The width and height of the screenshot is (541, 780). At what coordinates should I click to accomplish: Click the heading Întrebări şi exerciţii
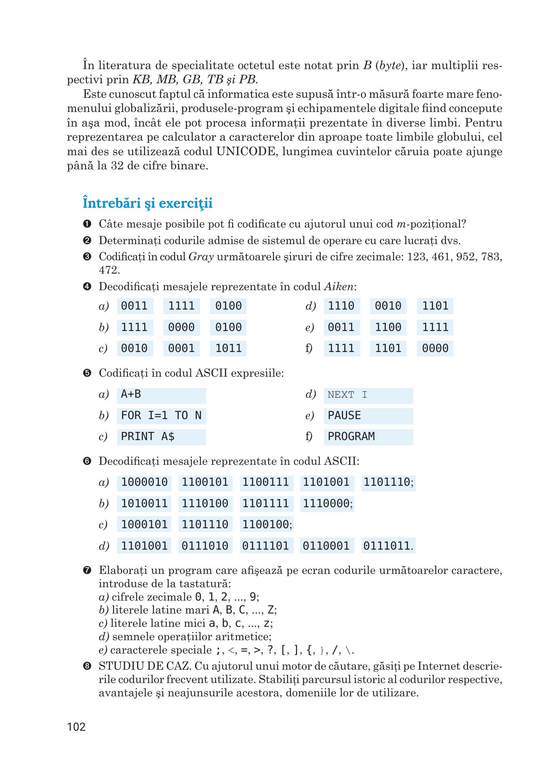coord(147,203)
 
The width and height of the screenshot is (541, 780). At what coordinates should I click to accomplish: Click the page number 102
coord(76,727)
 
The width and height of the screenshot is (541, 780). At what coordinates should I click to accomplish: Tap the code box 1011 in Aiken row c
coord(228,348)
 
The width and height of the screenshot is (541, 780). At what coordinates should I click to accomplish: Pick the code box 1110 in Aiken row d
coord(341,306)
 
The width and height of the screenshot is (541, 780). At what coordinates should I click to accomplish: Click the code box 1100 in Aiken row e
coord(388,327)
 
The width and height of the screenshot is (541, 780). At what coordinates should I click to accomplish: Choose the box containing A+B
coord(161,395)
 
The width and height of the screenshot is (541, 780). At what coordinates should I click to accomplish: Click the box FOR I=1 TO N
coord(161,416)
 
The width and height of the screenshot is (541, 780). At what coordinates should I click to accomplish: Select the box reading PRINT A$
coord(161,437)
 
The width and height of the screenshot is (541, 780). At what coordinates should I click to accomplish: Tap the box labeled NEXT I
coord(368,395)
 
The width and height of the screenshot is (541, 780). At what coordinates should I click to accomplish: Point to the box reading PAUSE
coord(368,416)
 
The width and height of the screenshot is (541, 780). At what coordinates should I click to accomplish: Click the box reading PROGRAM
coord(368,437)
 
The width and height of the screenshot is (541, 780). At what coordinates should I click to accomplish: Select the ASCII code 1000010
coord(144,483)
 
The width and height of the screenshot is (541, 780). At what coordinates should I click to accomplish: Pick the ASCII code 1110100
coord(205,504)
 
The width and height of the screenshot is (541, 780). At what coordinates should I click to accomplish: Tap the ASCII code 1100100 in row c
coord(265,525)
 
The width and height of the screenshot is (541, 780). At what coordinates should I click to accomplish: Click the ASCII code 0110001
coord(326,546)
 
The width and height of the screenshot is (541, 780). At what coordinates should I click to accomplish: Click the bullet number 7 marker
coord(86,571)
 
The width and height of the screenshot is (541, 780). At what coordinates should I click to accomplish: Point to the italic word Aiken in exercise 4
coord(339,287)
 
